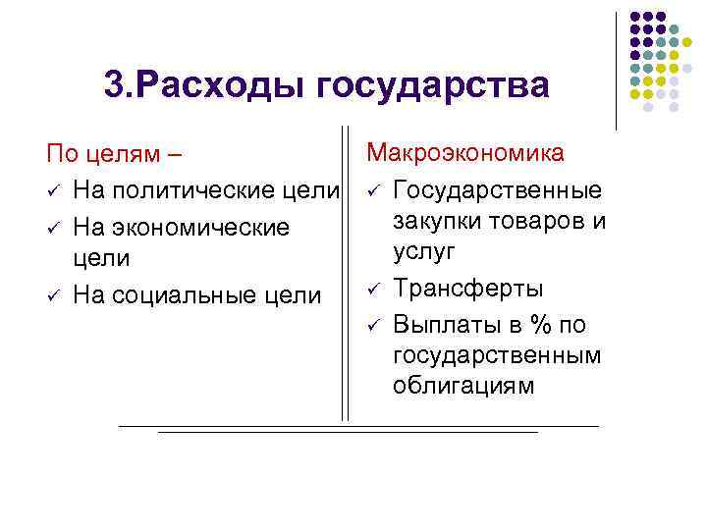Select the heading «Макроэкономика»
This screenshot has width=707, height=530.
click(x=465, y=153)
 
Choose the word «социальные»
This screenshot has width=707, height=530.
click(x=200, y=296)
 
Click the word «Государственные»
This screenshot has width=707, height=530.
click(x=498, y=189)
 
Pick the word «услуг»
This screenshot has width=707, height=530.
click(x=424, y=252)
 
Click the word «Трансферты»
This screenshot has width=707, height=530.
click(x=467, y=289)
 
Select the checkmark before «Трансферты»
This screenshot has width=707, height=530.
click(x=373, y=289)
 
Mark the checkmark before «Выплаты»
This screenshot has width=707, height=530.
click(x=373, y=323)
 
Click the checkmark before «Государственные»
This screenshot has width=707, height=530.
click(x=373, y=189)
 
